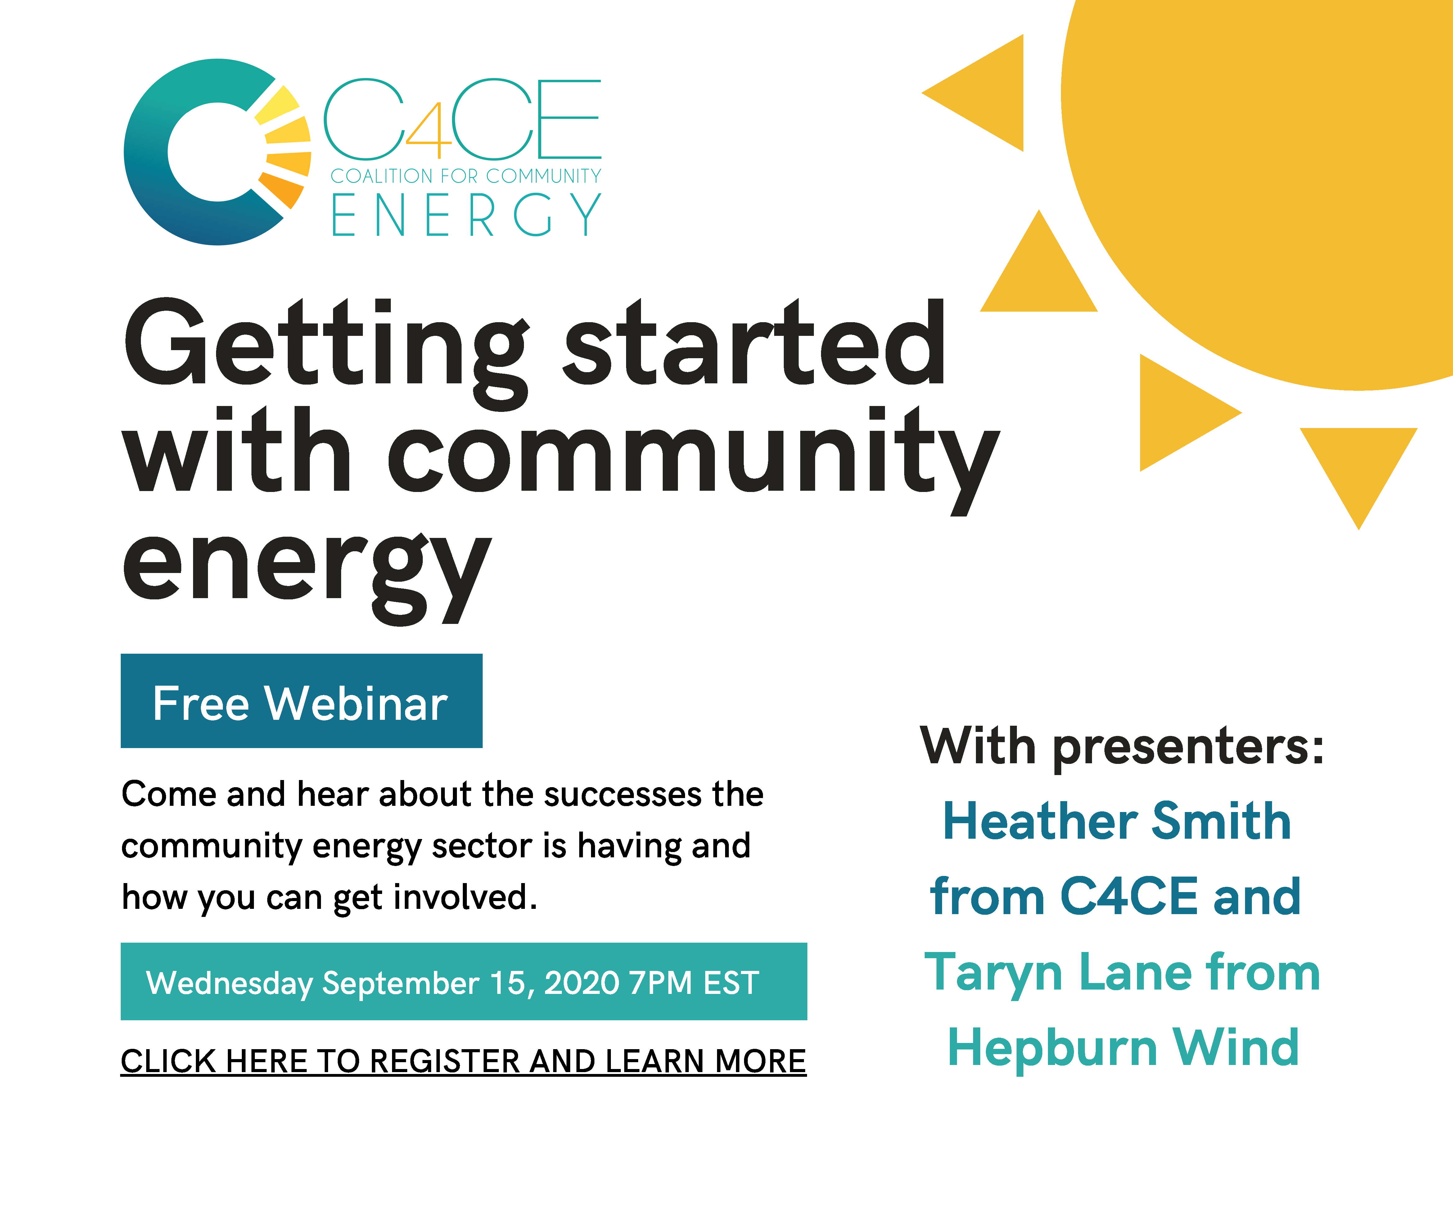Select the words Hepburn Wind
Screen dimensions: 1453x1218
point(1123,1048)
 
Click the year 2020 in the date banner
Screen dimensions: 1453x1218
point(581,983)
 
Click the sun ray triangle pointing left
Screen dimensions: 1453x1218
point(990,93)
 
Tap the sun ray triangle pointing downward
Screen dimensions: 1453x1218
point(1358,464)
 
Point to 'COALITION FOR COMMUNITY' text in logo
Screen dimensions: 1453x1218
point(466,176)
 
